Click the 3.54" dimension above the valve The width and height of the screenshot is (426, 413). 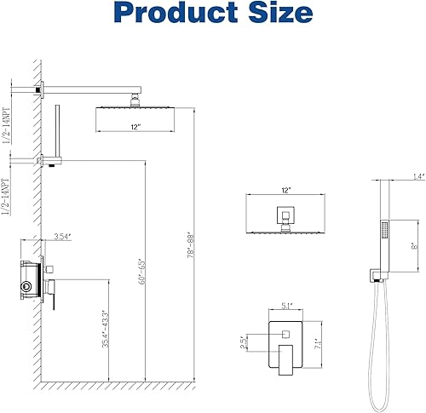61,236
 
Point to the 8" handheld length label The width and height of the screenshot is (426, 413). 412,244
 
